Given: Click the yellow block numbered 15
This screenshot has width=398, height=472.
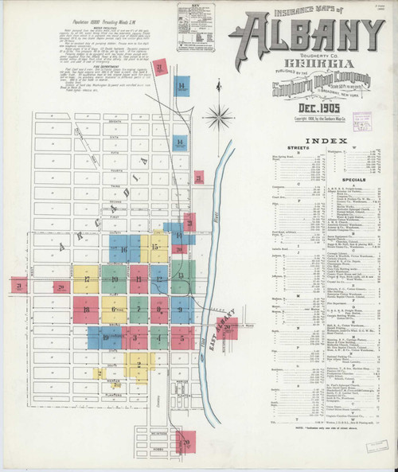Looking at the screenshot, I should coord(156,247).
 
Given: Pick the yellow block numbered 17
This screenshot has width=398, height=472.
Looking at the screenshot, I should coord(86,279).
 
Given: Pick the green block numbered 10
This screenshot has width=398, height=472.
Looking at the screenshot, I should coord(115,279).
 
